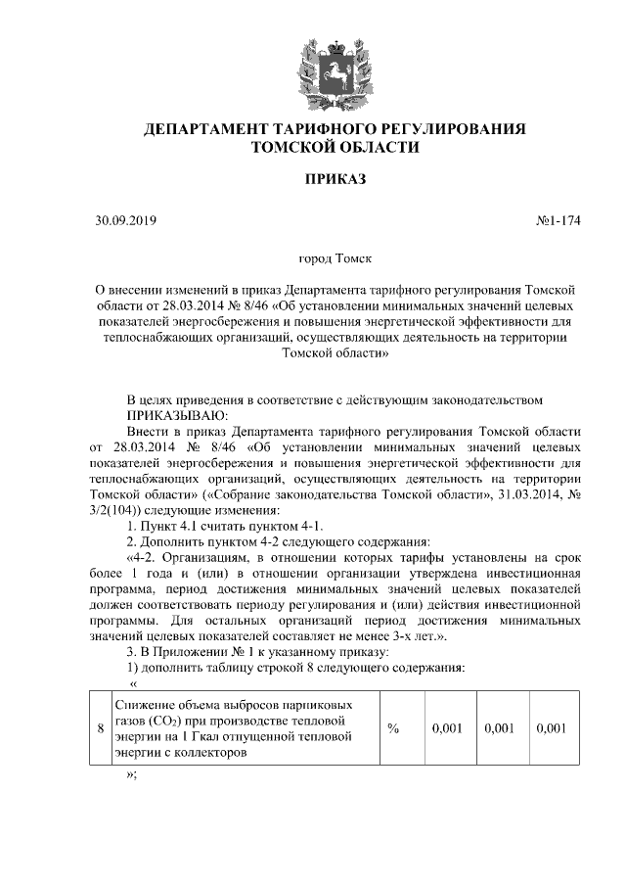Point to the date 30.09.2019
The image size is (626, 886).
(126, 220)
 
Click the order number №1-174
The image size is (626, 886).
(559, 220)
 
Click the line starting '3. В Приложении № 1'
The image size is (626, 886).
(259, 652)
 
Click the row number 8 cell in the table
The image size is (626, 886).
(100, 729)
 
